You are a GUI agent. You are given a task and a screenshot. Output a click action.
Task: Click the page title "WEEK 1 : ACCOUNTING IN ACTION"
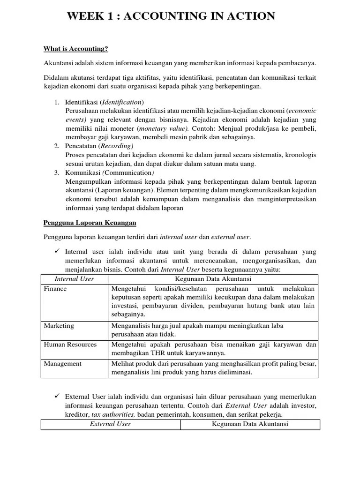point(171,16)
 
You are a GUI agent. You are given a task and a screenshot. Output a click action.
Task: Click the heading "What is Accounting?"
point(76,48)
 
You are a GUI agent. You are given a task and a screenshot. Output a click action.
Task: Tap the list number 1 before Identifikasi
point(56,102)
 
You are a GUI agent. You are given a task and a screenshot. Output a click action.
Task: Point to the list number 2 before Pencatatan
point(56,146)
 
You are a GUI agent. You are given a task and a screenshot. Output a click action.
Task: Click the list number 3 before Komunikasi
point(56,173)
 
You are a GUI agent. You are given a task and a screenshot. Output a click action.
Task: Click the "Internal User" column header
point(75,279)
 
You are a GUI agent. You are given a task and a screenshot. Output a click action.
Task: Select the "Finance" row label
point(55,289)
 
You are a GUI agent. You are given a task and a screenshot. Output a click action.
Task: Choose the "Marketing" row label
point(59,326)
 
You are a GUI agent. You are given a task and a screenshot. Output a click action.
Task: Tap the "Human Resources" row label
point(70,345)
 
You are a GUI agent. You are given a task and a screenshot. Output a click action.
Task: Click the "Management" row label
point(63,364)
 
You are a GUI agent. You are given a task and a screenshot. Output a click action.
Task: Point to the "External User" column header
point(111,424)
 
